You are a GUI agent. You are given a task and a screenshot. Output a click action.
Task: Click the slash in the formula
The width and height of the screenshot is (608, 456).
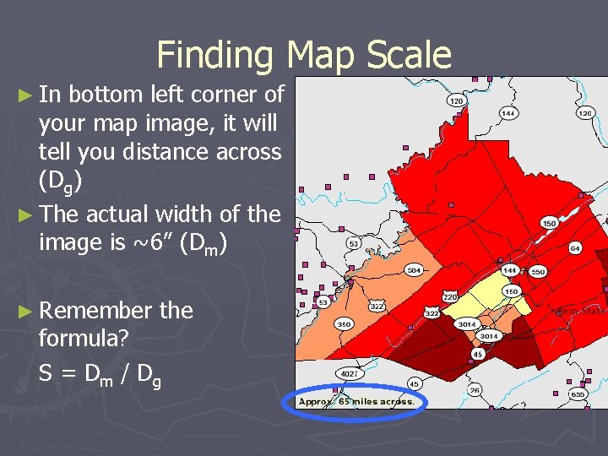124,372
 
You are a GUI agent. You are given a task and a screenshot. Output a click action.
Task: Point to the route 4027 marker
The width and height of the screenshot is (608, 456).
349,372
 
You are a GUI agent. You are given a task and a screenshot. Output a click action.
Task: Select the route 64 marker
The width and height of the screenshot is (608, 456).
575,248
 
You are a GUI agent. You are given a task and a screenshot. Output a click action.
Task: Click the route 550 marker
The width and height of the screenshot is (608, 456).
537,272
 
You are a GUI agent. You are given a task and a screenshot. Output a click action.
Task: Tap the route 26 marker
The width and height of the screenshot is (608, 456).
475,389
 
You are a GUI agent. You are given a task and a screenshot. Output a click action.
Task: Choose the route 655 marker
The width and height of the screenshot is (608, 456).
577,394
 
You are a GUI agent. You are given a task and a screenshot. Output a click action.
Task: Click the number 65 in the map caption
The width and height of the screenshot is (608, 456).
345,402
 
